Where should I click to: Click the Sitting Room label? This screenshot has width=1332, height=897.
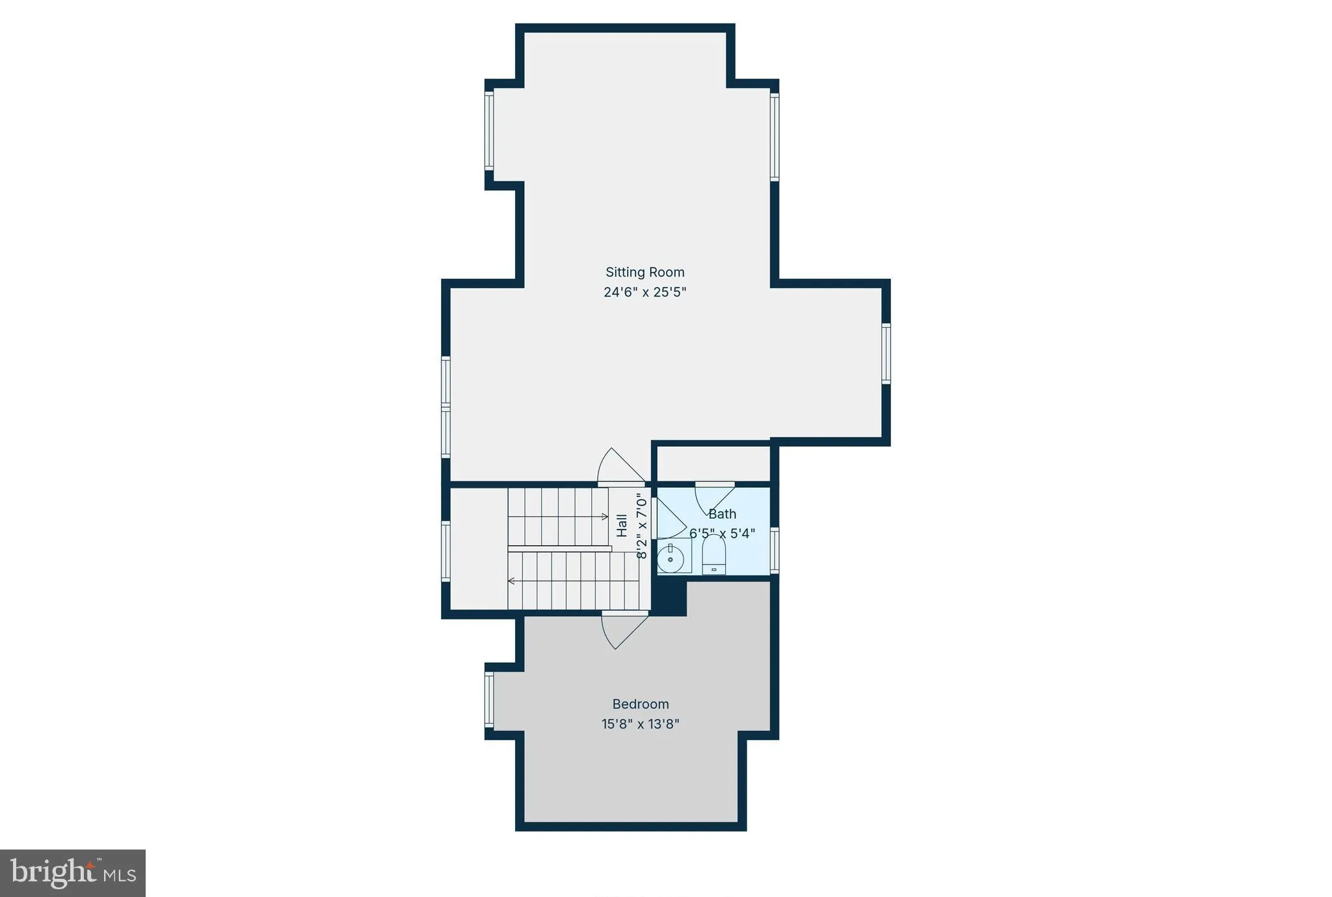[645, 273]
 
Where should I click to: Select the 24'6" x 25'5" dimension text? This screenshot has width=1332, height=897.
[645, 292]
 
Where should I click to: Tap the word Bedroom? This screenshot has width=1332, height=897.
[641, 704]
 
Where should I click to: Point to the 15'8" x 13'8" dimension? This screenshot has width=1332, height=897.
[641, 724]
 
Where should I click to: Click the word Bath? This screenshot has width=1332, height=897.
[722, 514]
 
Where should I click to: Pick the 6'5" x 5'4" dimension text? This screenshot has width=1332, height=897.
[722, 533]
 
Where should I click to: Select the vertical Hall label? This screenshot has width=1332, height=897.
[622, 525]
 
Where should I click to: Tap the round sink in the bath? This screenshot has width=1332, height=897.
[671, 558]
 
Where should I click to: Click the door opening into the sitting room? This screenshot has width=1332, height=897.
[621, 465]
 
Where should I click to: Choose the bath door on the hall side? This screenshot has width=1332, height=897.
[669, 518]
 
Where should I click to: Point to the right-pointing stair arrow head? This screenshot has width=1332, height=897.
[605, 517]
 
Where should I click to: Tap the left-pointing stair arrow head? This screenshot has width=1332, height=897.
[511, 581]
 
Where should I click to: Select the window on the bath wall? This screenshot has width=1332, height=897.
[774, 550]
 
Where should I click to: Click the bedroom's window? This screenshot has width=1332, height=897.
[489, 700]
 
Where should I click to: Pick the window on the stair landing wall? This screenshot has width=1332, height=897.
[446, 550]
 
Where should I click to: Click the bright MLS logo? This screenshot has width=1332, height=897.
[73, 873]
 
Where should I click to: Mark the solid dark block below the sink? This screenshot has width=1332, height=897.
[669, 595]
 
